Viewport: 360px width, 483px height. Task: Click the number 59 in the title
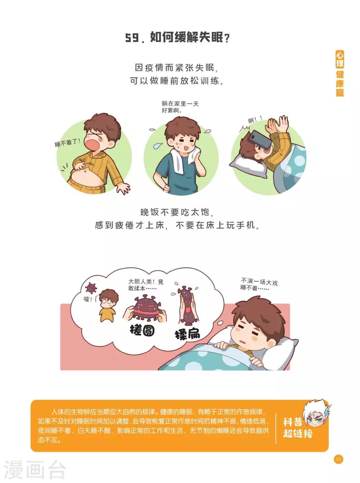tap(132, 37)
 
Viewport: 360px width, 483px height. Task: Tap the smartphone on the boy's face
tap(260, 139)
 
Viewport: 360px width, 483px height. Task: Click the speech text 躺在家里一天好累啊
tap(180, 107)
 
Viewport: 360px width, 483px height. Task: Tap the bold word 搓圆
tap(142, 330)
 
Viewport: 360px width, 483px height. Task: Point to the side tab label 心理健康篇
tap(340, 73)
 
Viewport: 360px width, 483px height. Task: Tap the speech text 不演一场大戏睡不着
tap(259, 284)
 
